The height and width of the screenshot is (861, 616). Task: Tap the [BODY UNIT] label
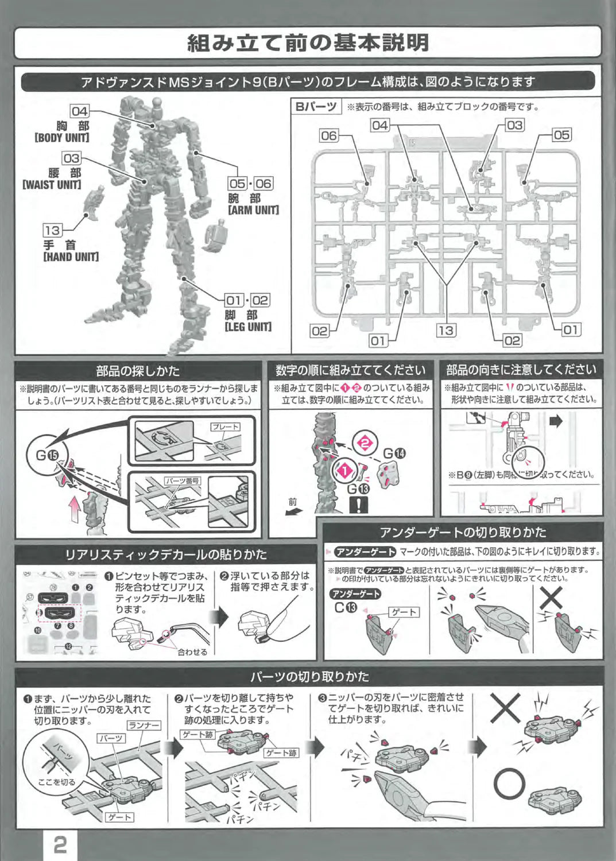[x=62, y=138]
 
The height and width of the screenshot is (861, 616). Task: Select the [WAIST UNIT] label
[x=52, y=185]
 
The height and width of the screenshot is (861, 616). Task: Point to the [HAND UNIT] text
[x=71, y=257]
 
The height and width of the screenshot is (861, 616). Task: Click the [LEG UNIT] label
[x=248, y=327]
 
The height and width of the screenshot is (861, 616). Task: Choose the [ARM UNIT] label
[x=253, y=210]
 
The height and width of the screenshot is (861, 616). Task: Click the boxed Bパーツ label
[x=316, y=107]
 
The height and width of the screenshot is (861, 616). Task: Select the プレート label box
[x=225, y=427]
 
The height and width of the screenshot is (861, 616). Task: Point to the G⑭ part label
[x=394, y=453]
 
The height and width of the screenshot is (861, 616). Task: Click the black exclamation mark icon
[x=359, y=505]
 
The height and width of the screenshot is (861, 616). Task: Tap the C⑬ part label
[x=346, y=607]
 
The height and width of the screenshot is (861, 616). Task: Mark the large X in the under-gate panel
[x=551, y=599]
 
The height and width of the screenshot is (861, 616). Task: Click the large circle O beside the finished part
[x=509, y=784]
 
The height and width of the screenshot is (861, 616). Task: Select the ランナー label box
[x=144, y=726]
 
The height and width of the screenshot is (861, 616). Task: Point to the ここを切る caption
[x=56, y=782]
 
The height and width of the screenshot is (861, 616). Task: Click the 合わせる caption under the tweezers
[x=192, y=651]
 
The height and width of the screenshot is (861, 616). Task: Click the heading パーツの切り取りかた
[x=309, y=676]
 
